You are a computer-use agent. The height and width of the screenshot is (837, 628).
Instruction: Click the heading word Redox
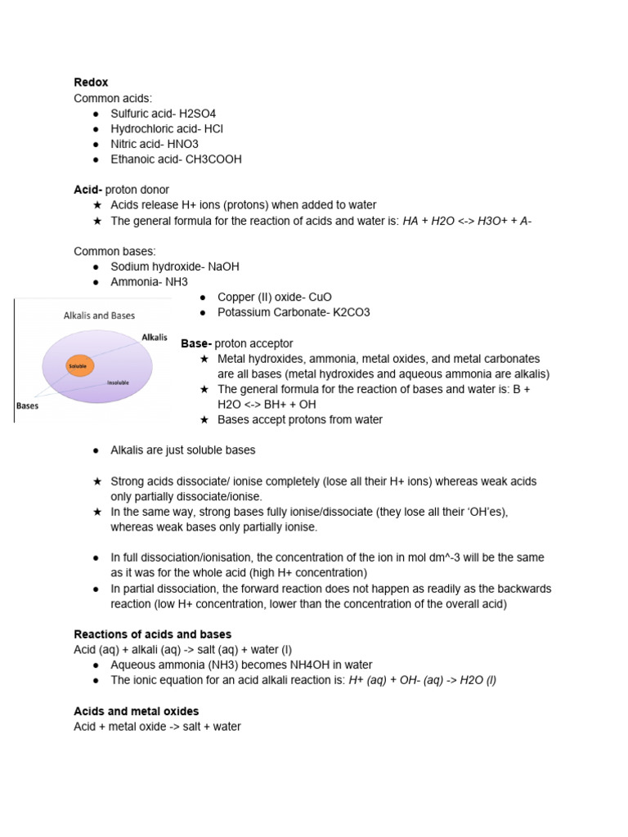91,83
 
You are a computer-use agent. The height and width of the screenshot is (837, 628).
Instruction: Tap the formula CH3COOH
213,159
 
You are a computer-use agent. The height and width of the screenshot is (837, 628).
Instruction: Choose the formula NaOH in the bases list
223,266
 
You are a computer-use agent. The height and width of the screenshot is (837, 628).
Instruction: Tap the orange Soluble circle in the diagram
78,366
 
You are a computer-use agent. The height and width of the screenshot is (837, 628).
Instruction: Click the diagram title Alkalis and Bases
99,315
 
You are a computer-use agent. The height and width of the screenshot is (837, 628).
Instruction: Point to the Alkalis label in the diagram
154,337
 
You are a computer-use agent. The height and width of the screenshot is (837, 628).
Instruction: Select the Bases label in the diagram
28,405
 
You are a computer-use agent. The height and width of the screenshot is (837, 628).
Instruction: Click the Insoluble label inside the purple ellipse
118,382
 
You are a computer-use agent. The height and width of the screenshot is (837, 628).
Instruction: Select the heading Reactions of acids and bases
152,634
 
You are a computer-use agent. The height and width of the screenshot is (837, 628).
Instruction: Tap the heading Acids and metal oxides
136,711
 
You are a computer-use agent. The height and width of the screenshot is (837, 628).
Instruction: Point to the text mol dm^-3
433,557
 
